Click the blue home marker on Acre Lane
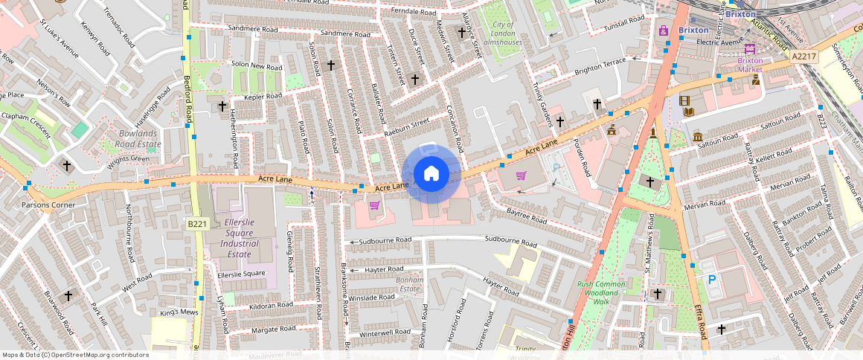click(x=431, y=174)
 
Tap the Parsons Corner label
click(x=48, y=205)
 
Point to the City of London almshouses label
click(x=503, y=33)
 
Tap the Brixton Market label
click(x=750, y=65)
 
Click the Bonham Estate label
click(x=411, y=284)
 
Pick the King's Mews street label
click(x=179, y=312)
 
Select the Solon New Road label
click(x=257, y=66)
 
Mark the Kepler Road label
click(x=263, y=96)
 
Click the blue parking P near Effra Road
click(x=711, y=280)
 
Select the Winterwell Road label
click(x=385, y=332)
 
